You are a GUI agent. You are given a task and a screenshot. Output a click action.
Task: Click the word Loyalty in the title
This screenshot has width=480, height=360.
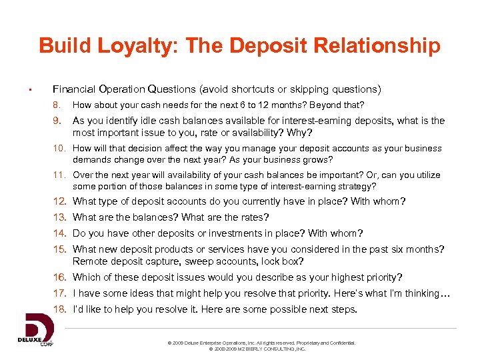pyautogui.click(x=131, y=46)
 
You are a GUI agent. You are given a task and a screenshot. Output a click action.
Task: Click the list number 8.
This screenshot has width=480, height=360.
pyautogui.click(x=57, y=105)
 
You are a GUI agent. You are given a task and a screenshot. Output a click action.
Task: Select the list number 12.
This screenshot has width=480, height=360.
pyautogui.click(x=60, y=201)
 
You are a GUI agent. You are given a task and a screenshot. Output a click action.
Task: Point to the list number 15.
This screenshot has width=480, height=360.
pyautogui.click(x=60, y=249)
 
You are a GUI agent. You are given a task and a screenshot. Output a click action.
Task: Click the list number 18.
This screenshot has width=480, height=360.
pyautogui.click(x=60, y=309)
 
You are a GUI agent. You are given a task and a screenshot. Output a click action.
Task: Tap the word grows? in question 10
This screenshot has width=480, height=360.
pyautogui.click(x=317, y=160)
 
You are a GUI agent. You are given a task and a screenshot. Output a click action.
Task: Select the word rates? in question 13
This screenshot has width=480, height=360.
pyautogui.click(x=250, y=217)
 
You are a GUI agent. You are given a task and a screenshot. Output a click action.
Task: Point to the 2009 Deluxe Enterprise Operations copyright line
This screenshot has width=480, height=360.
pyautogui.click(x=262, y=343)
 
